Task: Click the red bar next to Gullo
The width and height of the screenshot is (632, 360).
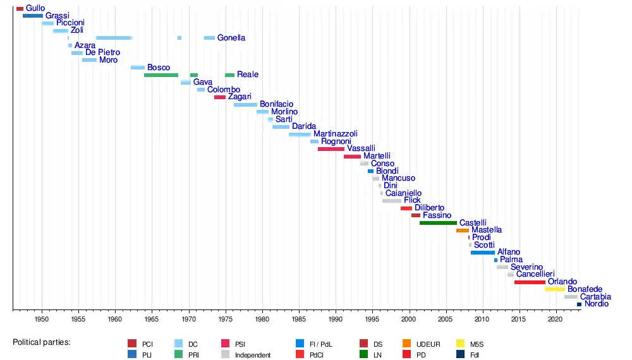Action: coord(20,8)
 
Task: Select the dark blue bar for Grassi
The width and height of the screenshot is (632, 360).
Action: coord(33,16)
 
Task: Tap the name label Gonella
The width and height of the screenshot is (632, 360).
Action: coord(231,38)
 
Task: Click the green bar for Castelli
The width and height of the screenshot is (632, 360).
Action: coord(438,223)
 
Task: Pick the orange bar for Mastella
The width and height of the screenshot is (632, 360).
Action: coord(463,231)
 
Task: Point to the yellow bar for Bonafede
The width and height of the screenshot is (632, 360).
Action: coord(555,289)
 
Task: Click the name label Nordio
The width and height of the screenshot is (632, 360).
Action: coord(597,304)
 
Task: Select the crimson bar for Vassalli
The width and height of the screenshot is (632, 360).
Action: coord(331,149)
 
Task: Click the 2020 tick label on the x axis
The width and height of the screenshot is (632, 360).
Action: coord(555,320)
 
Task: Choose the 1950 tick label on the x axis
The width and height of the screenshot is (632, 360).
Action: coord(42,320)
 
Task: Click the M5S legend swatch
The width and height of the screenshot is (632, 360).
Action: coord(461,344)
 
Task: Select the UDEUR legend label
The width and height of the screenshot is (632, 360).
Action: coord(428,344)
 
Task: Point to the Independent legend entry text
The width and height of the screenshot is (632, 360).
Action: coord(253,355)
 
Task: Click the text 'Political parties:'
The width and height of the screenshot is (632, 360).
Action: coord(41,342)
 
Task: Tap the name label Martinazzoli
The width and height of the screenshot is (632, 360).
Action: coord(336,134)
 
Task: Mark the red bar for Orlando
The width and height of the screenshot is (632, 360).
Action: coord(530,282)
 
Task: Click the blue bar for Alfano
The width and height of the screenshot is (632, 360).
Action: coord(483,253)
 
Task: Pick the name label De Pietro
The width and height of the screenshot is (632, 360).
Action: coord(103,52)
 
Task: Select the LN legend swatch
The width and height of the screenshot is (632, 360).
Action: coord(364,354)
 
